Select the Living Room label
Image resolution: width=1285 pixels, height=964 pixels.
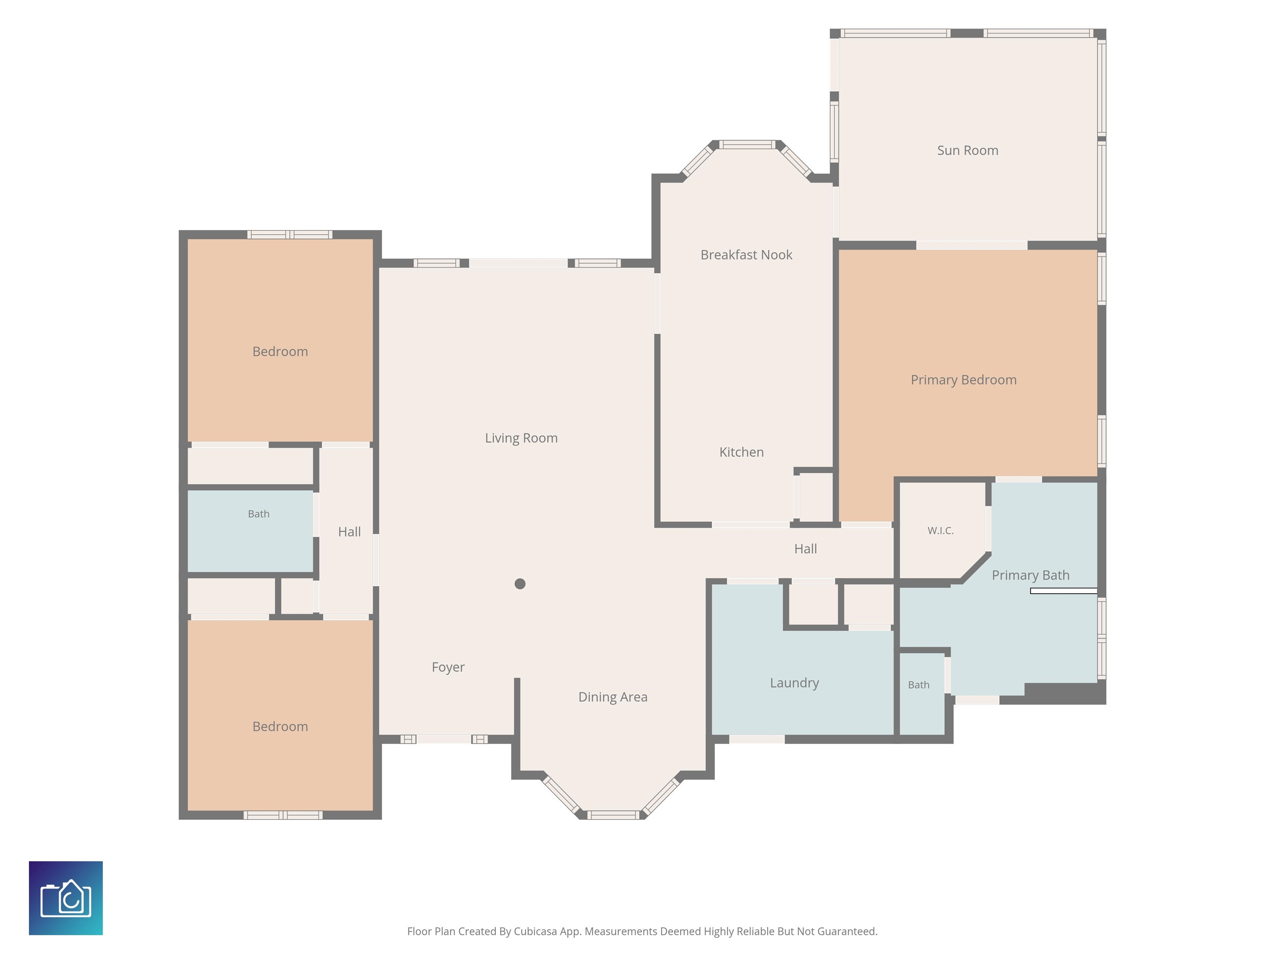[x=521, y=438]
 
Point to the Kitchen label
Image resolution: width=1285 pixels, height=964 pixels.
[x=741, y=452]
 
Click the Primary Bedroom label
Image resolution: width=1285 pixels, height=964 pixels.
[x=963, y=380]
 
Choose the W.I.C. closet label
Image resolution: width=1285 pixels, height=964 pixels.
[x=940, y=531]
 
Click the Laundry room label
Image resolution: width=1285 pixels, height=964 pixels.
[x=794, y=683]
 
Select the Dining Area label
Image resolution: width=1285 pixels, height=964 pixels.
[x=612, y=697]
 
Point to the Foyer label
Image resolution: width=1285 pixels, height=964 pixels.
[x=448, y=667]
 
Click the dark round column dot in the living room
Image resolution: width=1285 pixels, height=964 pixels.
[x=520, y=584]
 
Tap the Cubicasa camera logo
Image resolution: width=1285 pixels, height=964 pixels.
[x=66, y=898]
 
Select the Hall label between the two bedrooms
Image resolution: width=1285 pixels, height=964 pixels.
[x=349, y=532]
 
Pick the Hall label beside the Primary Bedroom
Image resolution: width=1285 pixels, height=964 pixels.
[x=805, y=549]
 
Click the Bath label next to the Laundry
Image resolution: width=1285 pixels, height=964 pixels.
[x=919, y=685]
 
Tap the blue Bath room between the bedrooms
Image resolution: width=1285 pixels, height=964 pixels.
[x=251, y=531]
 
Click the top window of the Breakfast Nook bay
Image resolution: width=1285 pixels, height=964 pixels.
[x=747, y=145]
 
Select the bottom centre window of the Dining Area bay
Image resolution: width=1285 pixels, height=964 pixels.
[x=613, y=815]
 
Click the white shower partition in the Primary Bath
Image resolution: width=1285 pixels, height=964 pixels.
[x=1064, y=591]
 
